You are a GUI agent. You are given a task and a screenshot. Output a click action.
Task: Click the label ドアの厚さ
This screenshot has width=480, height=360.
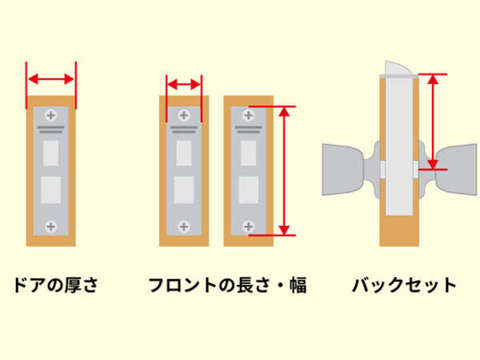coord(54,285)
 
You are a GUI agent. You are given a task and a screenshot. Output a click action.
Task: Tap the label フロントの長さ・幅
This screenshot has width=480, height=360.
coord(228,285)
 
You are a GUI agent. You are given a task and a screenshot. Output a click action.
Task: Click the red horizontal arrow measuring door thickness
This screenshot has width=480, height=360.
coord(51,79)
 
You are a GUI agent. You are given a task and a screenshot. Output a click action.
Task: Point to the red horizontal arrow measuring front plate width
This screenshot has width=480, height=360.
coord(184,84)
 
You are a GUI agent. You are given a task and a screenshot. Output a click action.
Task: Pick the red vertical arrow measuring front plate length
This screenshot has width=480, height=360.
coord(283,170)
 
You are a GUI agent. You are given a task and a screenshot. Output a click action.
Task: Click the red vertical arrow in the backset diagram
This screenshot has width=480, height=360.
coord(433,122)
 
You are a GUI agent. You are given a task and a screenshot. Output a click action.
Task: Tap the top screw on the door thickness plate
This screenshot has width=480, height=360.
coord(51,114)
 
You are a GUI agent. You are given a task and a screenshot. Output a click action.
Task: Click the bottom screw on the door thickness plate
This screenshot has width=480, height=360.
coord(51,226)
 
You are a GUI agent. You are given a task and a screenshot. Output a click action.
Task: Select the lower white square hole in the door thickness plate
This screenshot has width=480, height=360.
coord(51,189)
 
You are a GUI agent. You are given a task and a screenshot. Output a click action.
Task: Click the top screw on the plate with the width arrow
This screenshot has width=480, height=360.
coord(184,114)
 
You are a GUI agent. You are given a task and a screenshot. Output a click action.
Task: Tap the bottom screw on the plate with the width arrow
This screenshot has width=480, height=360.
coord(184,226)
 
